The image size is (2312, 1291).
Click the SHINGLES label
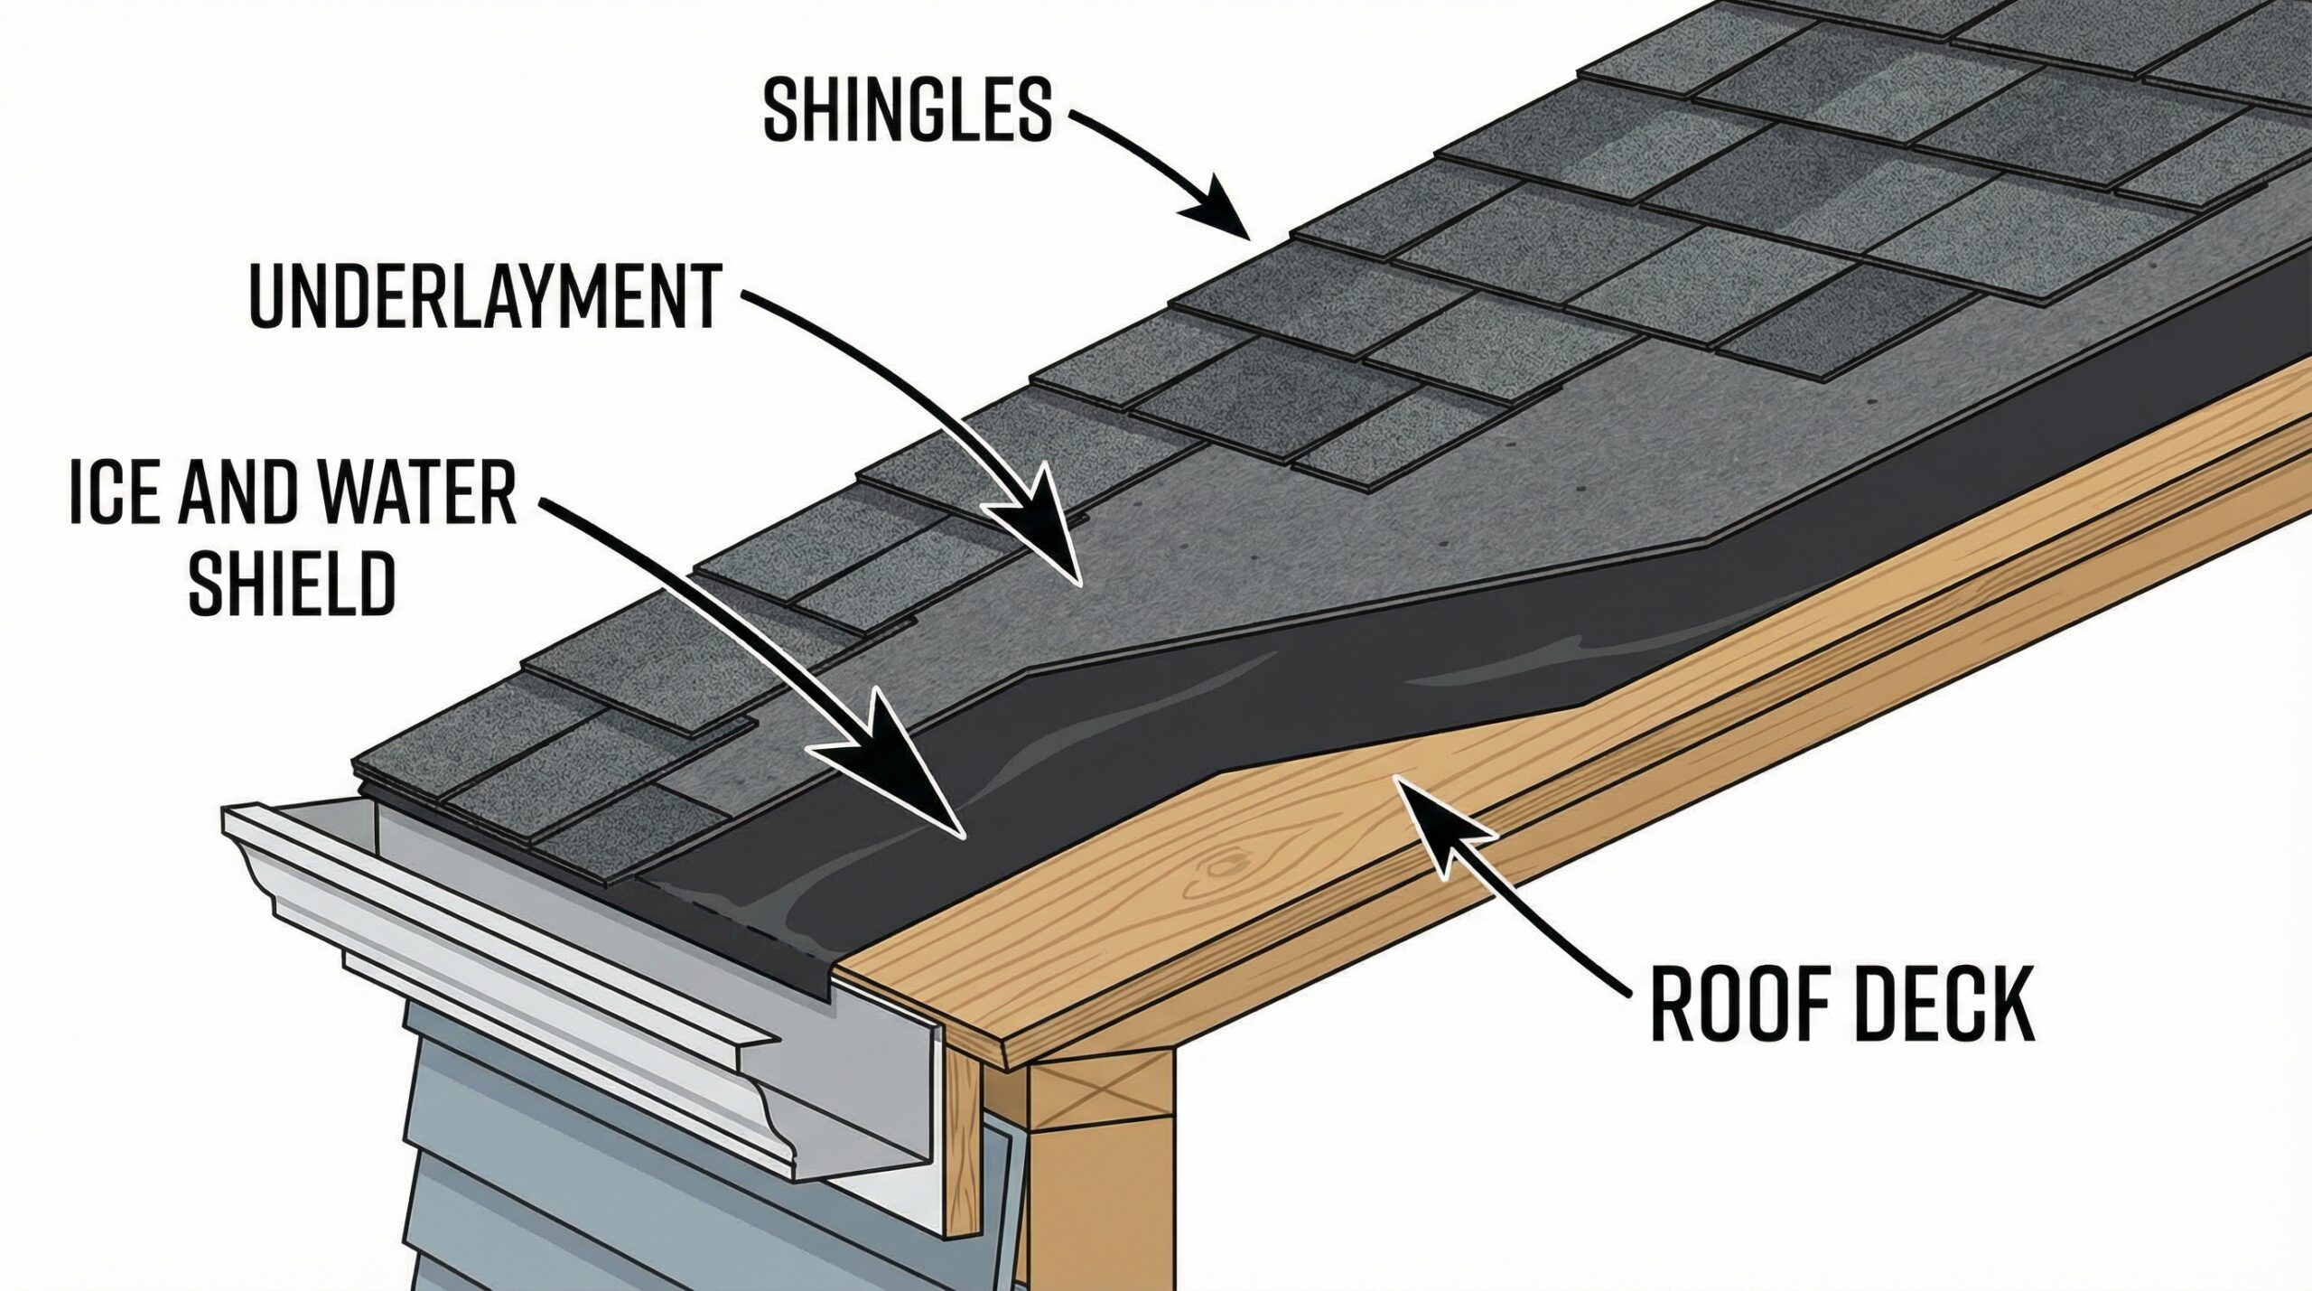coord(907,111)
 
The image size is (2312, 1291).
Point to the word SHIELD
coord(291,585)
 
